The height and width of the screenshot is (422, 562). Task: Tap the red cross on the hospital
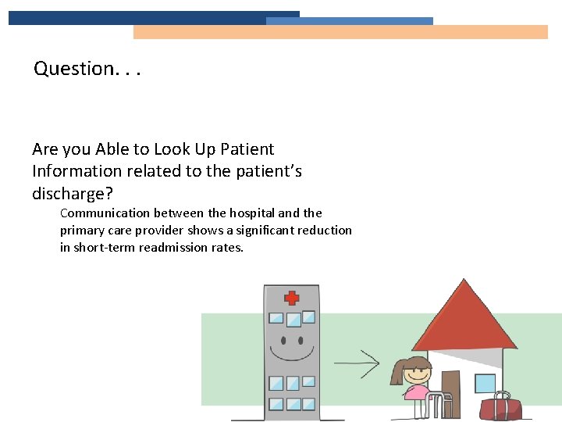pos(292,298)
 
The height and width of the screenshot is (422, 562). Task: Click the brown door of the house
pos(450,382)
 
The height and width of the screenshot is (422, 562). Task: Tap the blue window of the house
pos(485,383)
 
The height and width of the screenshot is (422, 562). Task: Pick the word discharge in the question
pos(66,192)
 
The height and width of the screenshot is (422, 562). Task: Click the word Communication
pos(105,213)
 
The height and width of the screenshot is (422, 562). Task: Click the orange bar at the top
pos(340,32)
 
